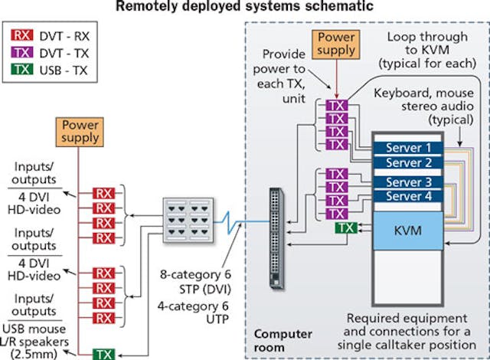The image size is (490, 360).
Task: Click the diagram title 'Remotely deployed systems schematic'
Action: tap(245, 8)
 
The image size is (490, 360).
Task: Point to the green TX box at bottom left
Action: tap(103, 353)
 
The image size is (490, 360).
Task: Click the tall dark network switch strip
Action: tap(276, 237)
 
